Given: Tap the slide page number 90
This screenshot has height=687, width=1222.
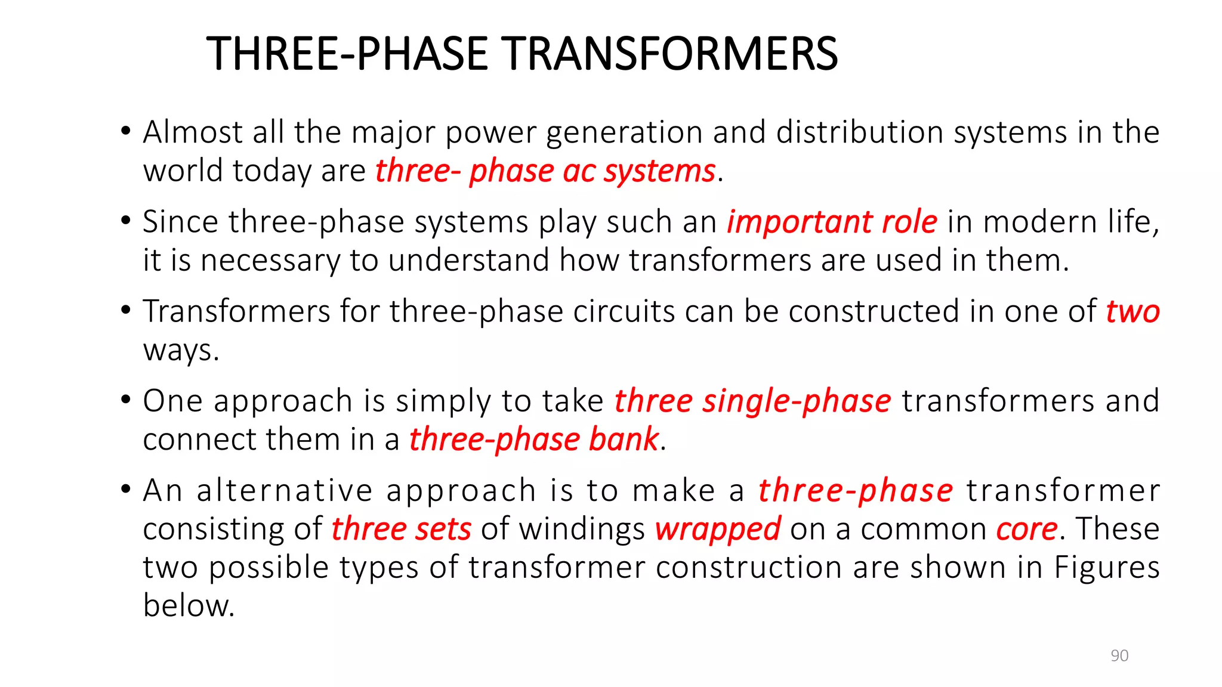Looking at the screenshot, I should click(1119, 655).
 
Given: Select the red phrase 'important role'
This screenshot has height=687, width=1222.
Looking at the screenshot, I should click(832, 222).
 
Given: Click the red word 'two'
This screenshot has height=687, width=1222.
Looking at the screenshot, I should click(1132, 312).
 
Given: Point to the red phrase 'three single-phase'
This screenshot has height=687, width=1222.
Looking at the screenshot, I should click(752, 401).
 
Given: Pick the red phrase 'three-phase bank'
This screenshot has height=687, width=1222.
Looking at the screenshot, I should click(534, 440).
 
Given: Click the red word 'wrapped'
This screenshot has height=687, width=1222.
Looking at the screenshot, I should click(717, 530).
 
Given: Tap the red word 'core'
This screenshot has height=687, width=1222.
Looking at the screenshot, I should click(1026, 530).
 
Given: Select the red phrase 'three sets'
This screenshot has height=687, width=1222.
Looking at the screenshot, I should click(401, 530).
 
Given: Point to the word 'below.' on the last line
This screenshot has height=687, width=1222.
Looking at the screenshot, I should click(189, 606).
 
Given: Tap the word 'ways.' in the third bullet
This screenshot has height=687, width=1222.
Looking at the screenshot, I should click(181, 351).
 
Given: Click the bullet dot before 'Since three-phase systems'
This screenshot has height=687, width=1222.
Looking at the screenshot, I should click(125, 221).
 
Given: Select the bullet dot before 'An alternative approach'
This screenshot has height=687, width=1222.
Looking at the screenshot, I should click(125, 490).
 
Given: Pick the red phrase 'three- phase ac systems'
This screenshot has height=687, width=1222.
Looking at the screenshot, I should click(545, 172).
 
